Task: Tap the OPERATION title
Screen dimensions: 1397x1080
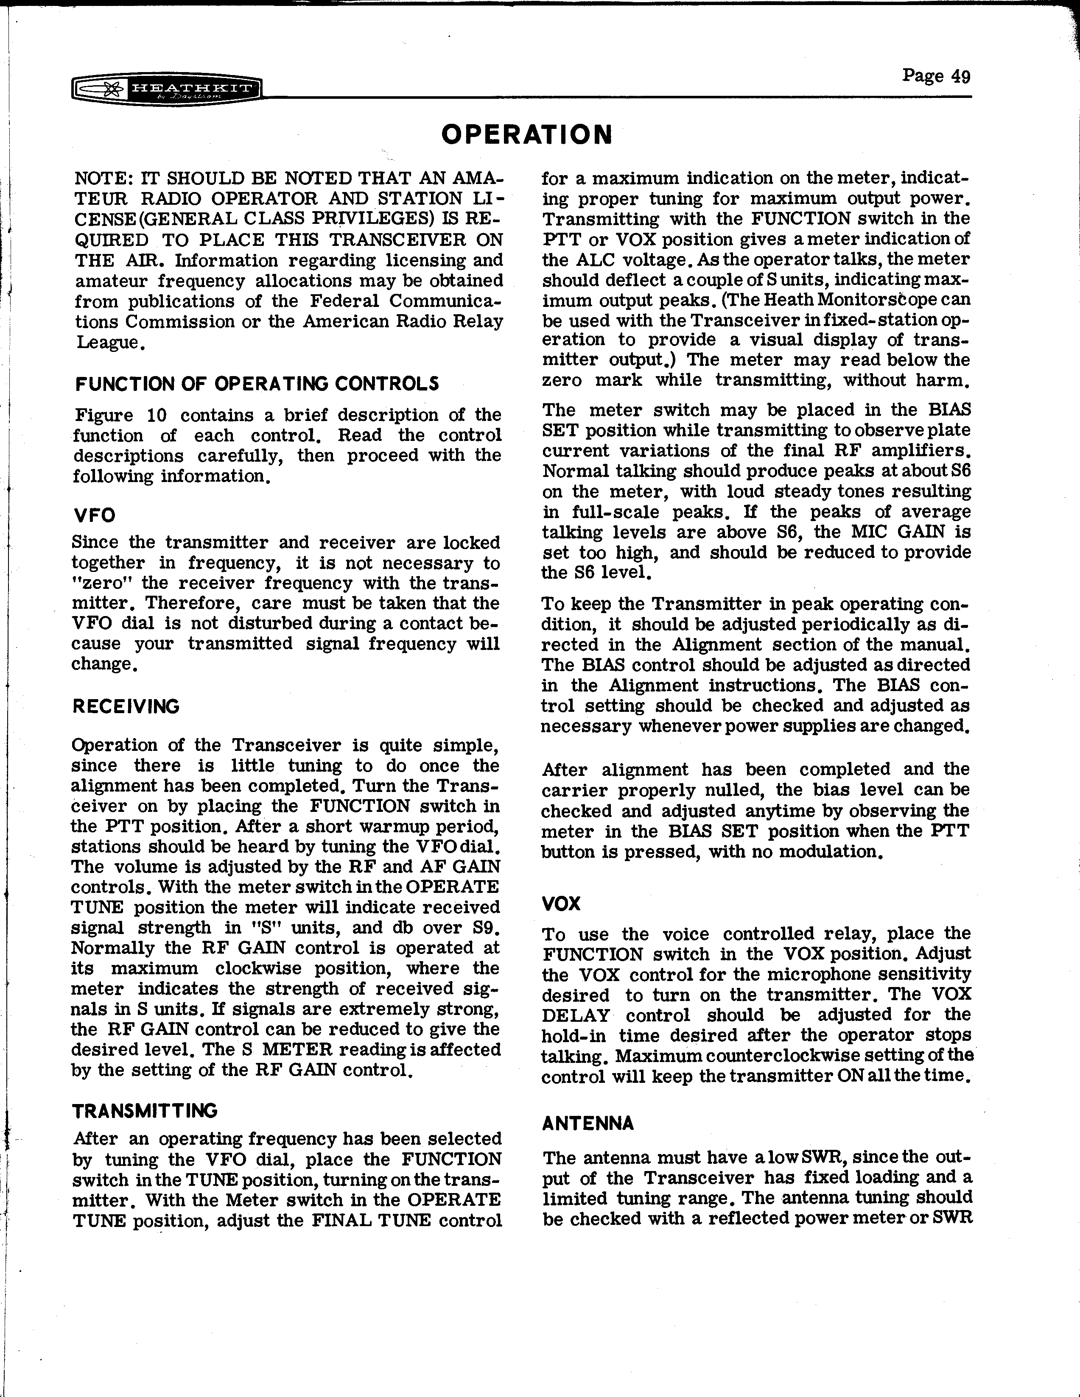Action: (526, 135)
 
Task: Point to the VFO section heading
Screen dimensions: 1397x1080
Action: (94, 516)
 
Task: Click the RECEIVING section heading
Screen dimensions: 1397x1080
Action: (126, 707)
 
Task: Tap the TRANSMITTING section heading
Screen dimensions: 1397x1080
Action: (145, 1110)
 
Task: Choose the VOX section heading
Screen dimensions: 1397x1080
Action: (561, 904)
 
